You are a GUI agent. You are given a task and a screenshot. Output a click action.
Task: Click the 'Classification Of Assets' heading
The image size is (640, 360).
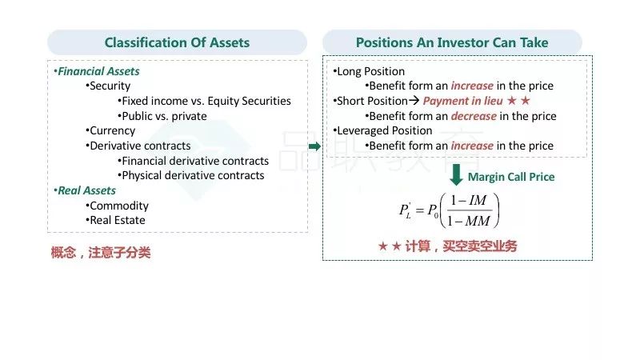point(177,42)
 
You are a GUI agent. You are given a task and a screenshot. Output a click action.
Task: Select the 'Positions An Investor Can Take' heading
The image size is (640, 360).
point(452,42)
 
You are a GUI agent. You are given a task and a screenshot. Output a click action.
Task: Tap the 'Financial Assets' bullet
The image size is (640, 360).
point(97,71)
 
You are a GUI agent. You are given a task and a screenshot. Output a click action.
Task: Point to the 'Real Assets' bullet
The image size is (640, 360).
point(85,190)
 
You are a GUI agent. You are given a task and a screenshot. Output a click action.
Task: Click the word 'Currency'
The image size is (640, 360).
point(110,131)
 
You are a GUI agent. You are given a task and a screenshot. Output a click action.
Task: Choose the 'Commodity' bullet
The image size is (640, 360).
point(117,206)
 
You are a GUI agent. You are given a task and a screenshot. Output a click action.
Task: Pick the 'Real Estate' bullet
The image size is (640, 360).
point(115,221)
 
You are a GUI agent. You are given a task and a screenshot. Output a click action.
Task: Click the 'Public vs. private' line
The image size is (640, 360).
point(162,116)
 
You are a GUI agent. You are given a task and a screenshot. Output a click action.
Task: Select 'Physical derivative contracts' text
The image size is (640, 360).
point(191,175)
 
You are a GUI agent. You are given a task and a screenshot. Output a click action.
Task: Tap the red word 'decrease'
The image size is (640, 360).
point(474,116)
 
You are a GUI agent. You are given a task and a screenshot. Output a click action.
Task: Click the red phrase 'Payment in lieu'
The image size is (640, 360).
point(462,101)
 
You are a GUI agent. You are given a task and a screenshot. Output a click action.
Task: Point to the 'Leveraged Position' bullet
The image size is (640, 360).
point(383,130)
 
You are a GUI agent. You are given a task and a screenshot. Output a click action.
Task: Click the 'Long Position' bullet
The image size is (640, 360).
point(369,71)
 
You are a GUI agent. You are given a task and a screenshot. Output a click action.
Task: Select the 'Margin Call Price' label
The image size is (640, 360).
point(511,177)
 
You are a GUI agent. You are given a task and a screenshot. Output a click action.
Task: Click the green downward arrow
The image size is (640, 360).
point(456,174)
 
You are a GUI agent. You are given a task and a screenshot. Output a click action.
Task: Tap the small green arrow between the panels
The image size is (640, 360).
point(314,146)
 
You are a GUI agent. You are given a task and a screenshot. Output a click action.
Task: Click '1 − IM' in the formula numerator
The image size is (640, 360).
point(469,201)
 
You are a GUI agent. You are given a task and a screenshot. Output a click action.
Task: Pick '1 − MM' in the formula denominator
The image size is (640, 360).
point(469,221)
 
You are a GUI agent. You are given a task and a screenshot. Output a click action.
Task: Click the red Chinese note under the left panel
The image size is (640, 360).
point(101,253)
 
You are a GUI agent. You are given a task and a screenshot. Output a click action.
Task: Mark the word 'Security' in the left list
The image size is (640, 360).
point(108,86)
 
